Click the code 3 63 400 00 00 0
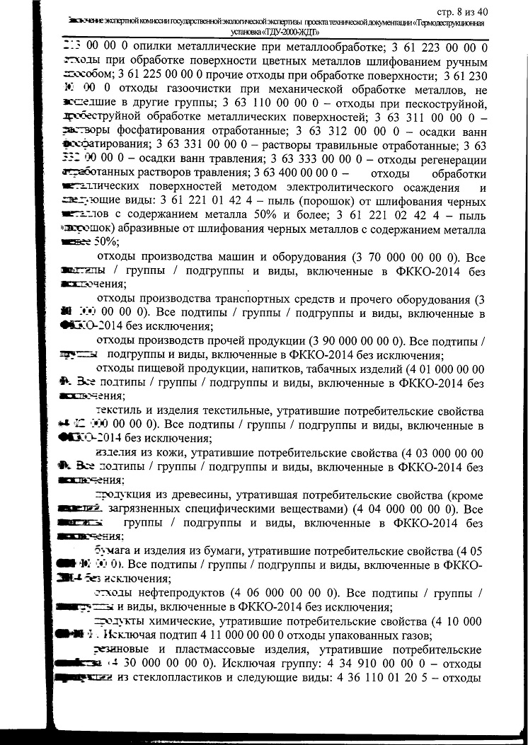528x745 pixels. point(297,173)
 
